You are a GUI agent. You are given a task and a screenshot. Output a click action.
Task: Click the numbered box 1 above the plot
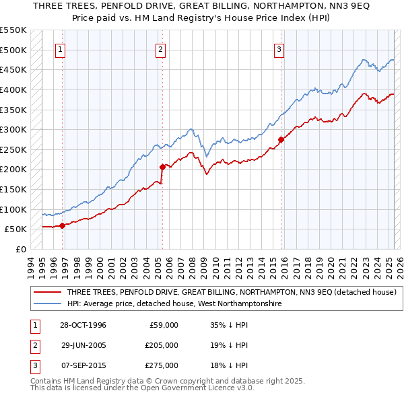(61, 49)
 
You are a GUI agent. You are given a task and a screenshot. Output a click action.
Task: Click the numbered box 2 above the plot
(161, 49)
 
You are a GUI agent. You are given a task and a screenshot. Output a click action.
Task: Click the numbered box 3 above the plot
(279, 49)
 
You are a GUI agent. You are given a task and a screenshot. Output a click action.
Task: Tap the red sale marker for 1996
(62, 225)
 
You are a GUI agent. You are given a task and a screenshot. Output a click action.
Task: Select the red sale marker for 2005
(162, 168)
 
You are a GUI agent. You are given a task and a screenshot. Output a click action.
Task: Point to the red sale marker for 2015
(280, 140)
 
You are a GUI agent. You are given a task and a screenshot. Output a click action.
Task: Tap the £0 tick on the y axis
(20, 249)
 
